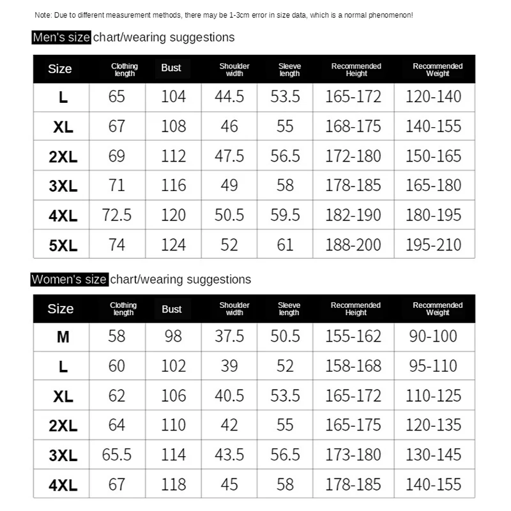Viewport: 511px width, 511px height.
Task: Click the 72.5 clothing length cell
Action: tap(117, 215)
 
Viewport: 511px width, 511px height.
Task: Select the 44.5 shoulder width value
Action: tap(229, 96)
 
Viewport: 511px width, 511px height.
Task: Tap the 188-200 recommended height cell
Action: tap(353, 245)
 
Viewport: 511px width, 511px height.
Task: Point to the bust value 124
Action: tap(173, 245)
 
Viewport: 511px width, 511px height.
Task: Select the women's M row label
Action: tap(63, 337)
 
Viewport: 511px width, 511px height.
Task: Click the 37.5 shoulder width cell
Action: tap(229, 336)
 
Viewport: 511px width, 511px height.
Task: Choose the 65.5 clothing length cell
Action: tap(117, 455)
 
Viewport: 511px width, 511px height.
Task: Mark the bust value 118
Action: tap(173, 484)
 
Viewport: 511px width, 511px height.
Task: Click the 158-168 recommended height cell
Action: tap(353, 365)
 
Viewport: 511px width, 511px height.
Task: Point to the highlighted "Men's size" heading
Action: tap(61, 37)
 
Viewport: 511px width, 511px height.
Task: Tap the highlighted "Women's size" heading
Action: tap(69, 279)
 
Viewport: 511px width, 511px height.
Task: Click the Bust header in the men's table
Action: tap(171, 68)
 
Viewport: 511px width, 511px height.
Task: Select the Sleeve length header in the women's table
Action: tap(289, 309)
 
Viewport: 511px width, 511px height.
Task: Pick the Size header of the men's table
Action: tap(60, 69)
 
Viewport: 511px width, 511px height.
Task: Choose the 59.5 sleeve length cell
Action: tap(285, 215)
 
